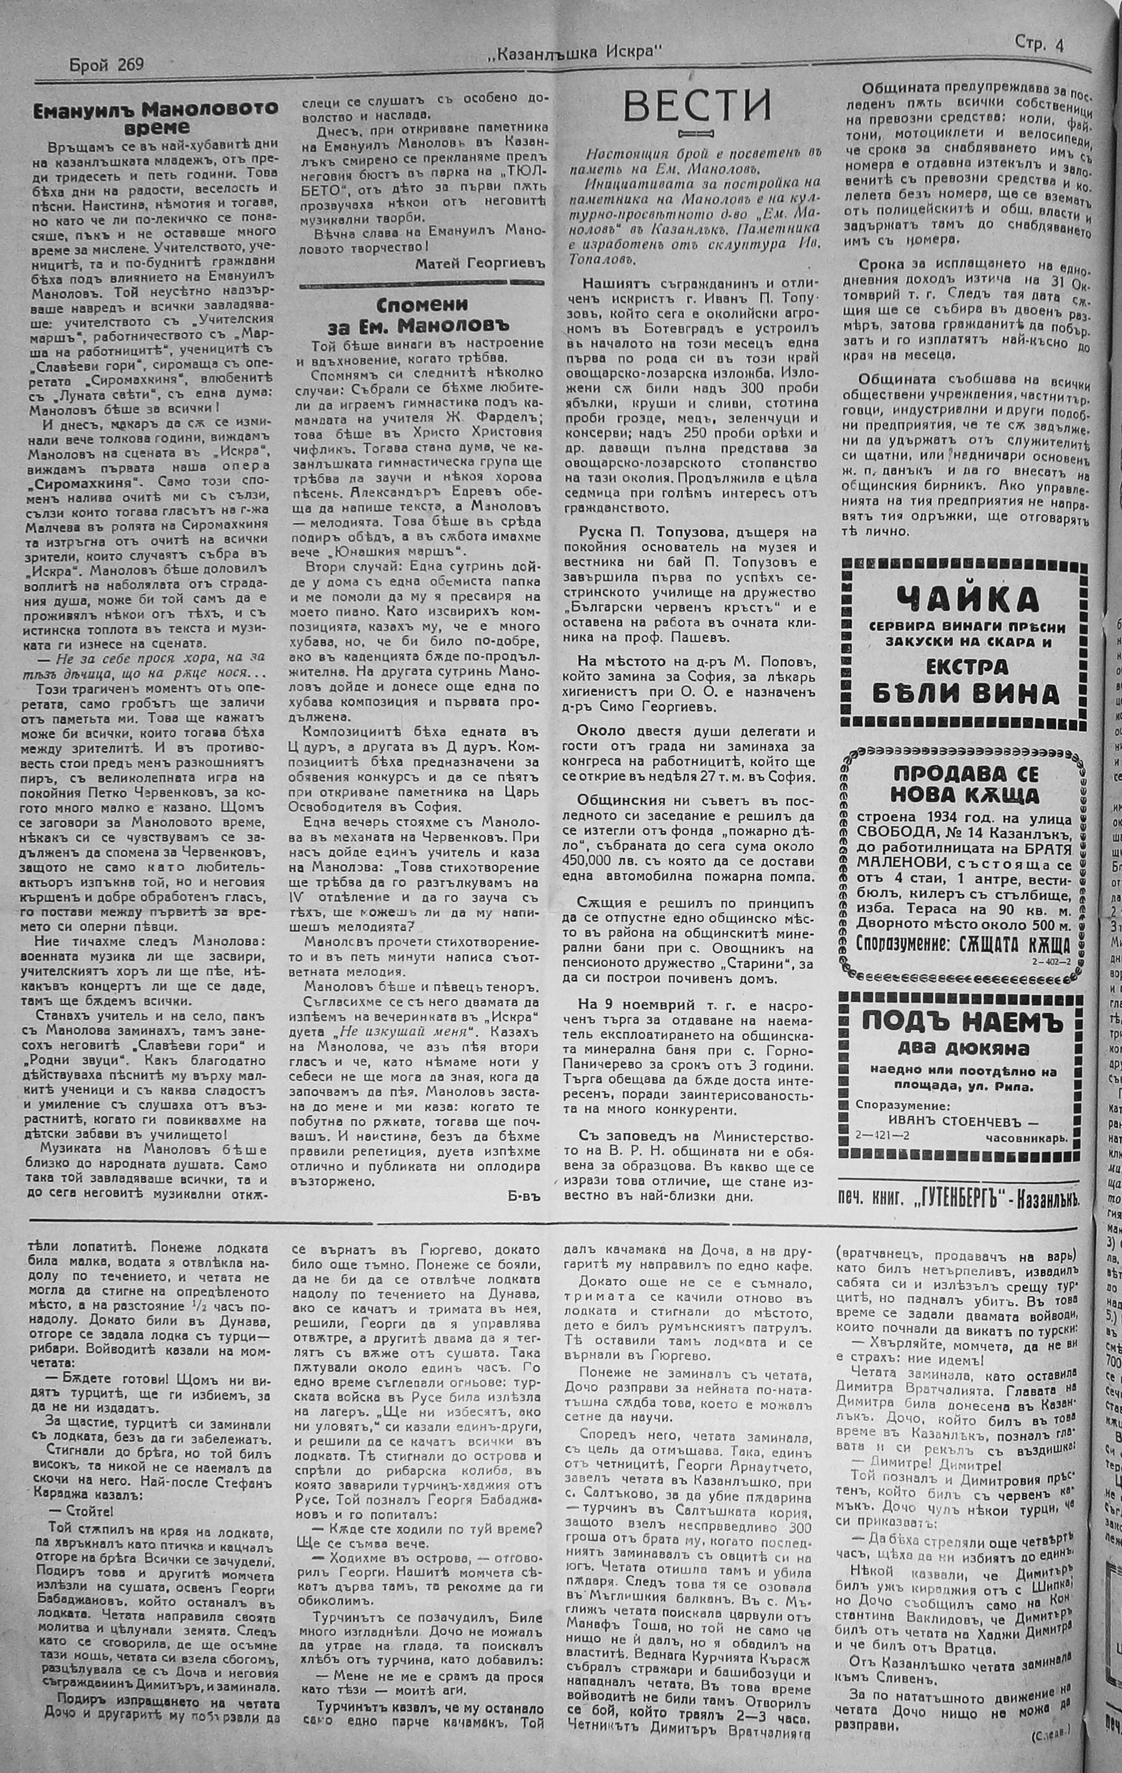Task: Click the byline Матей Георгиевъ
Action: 479,263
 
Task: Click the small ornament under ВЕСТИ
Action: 697,134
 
